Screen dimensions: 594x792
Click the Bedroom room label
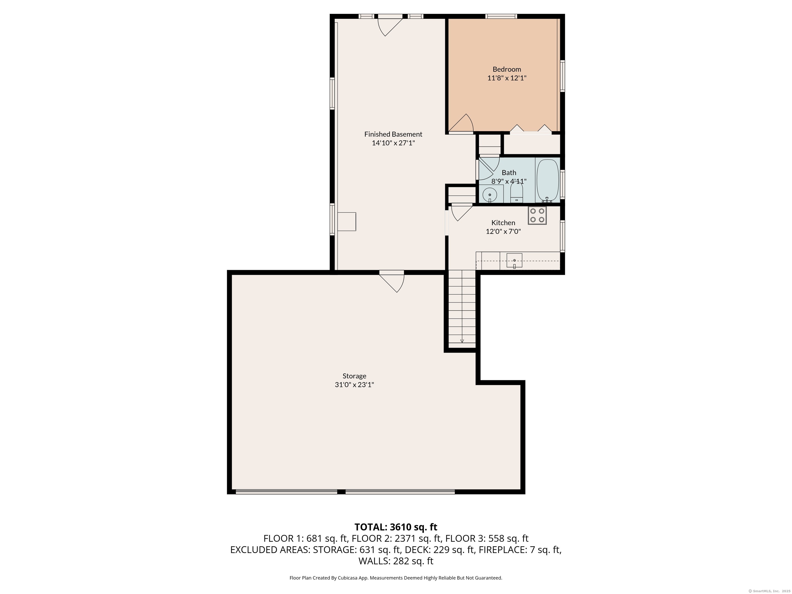pyautogui.click(x=507, y=69)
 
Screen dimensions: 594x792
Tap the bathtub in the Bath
pyautogui.click(x=547, y=180)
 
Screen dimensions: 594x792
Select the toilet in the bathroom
pyautogui.click(x=517, y=193)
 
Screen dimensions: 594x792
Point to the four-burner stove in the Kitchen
pyautogui.click(x=537, y=216)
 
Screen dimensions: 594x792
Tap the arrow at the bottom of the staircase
pyautogui.click(x=462, y=341)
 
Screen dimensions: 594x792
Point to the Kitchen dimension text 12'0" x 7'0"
pyautogui.click(x=503, y=231)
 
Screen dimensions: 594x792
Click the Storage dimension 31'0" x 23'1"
pyautogui.click(x=354, y=385)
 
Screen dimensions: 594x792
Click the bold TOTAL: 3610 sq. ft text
pyautogui.click(x=396, y=527)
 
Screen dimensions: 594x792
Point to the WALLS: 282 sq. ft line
pyautogui.click(x=396, y=561)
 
